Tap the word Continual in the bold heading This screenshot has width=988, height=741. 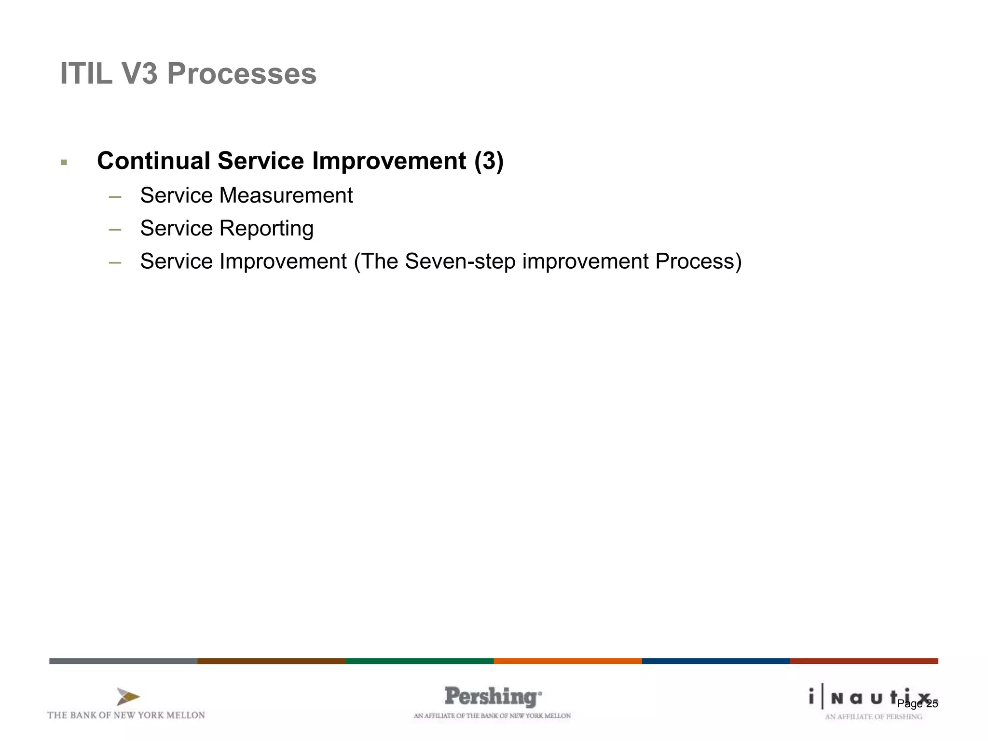[x=153, y=161]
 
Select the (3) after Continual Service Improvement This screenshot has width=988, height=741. [x=489, y=161]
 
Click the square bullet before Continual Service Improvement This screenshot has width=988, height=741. [x=64, y=163]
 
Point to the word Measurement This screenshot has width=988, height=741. [x=286, y=195]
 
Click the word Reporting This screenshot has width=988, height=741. [x=266, y=229]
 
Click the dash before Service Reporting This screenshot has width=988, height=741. [x=115, y=230]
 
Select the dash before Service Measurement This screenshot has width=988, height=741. [x=115, y=197]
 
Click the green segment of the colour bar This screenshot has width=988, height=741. [x=419, y=661]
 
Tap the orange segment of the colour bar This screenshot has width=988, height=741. [x=567, y=661]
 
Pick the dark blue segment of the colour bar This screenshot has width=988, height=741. [x=715, y=661]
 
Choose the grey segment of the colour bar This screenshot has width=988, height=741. [x=123, y=661]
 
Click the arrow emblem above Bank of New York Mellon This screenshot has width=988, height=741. [x=128, y=697]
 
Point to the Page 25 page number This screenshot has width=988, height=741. [x=917, y=704]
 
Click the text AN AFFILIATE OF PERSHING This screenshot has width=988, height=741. [x=873, y=717]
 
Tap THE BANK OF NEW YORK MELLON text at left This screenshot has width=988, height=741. [x=126, y=715]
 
